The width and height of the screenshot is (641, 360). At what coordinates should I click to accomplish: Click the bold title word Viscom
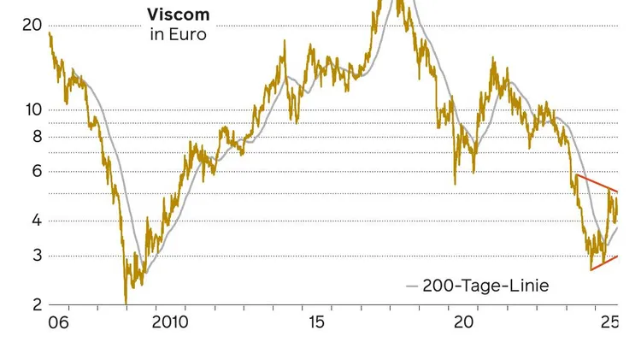click(178, 15)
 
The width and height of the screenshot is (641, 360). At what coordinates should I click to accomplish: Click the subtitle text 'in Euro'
click(178, 35)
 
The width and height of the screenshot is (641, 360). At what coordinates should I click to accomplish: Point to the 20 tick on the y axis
click(32, 25)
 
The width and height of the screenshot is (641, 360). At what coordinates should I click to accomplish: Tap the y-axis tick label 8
click(37, 136)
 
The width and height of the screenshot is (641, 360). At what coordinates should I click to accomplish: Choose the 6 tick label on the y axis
click(37, 171)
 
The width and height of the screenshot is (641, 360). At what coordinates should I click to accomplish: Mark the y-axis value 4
click(37, 221)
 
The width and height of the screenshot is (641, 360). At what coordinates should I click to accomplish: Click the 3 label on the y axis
click(37, 256)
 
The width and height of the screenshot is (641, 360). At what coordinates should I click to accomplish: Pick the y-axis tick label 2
click(37, 304)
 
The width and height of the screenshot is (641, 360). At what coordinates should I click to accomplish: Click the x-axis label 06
click(58, 322)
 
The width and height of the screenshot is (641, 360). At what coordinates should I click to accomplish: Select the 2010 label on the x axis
click(169, 322)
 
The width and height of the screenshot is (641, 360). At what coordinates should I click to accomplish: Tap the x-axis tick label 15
click(316, 322)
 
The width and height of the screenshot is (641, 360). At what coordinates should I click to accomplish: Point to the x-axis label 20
click(463, 322)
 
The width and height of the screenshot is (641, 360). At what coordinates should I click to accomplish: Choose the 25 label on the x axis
click(609, 322)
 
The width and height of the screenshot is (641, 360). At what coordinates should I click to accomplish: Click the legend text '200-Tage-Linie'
click(485, 286)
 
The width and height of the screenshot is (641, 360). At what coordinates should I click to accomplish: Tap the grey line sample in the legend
click(411, 286)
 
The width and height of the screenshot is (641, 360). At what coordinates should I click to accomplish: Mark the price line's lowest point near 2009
click(126, 302)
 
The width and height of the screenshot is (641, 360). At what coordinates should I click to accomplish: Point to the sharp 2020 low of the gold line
click(455, 182)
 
